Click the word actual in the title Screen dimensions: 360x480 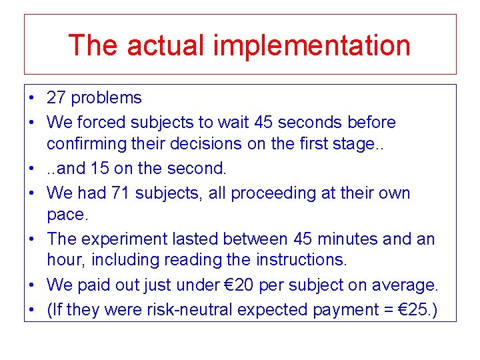[x=166, y=45]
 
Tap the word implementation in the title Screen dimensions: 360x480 [x=312, y=45]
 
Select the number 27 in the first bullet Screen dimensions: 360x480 [x=56, y=98]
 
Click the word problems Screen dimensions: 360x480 [x=106, y=98]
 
